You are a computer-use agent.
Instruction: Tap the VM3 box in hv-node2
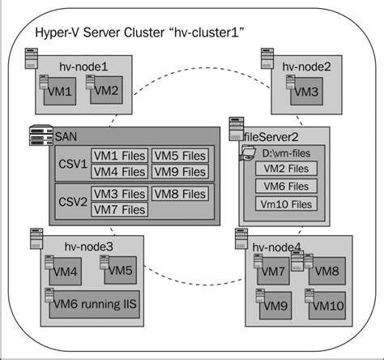[305, 92]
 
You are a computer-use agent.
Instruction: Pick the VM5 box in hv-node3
[118, 271]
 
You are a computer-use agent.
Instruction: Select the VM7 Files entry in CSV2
[119, 209]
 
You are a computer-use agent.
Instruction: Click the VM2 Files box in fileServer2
[286, 169]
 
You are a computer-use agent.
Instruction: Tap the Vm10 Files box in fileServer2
[286, 204]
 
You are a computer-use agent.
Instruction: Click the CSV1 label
[72, 163]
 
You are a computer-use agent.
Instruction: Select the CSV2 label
[72, 201]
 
